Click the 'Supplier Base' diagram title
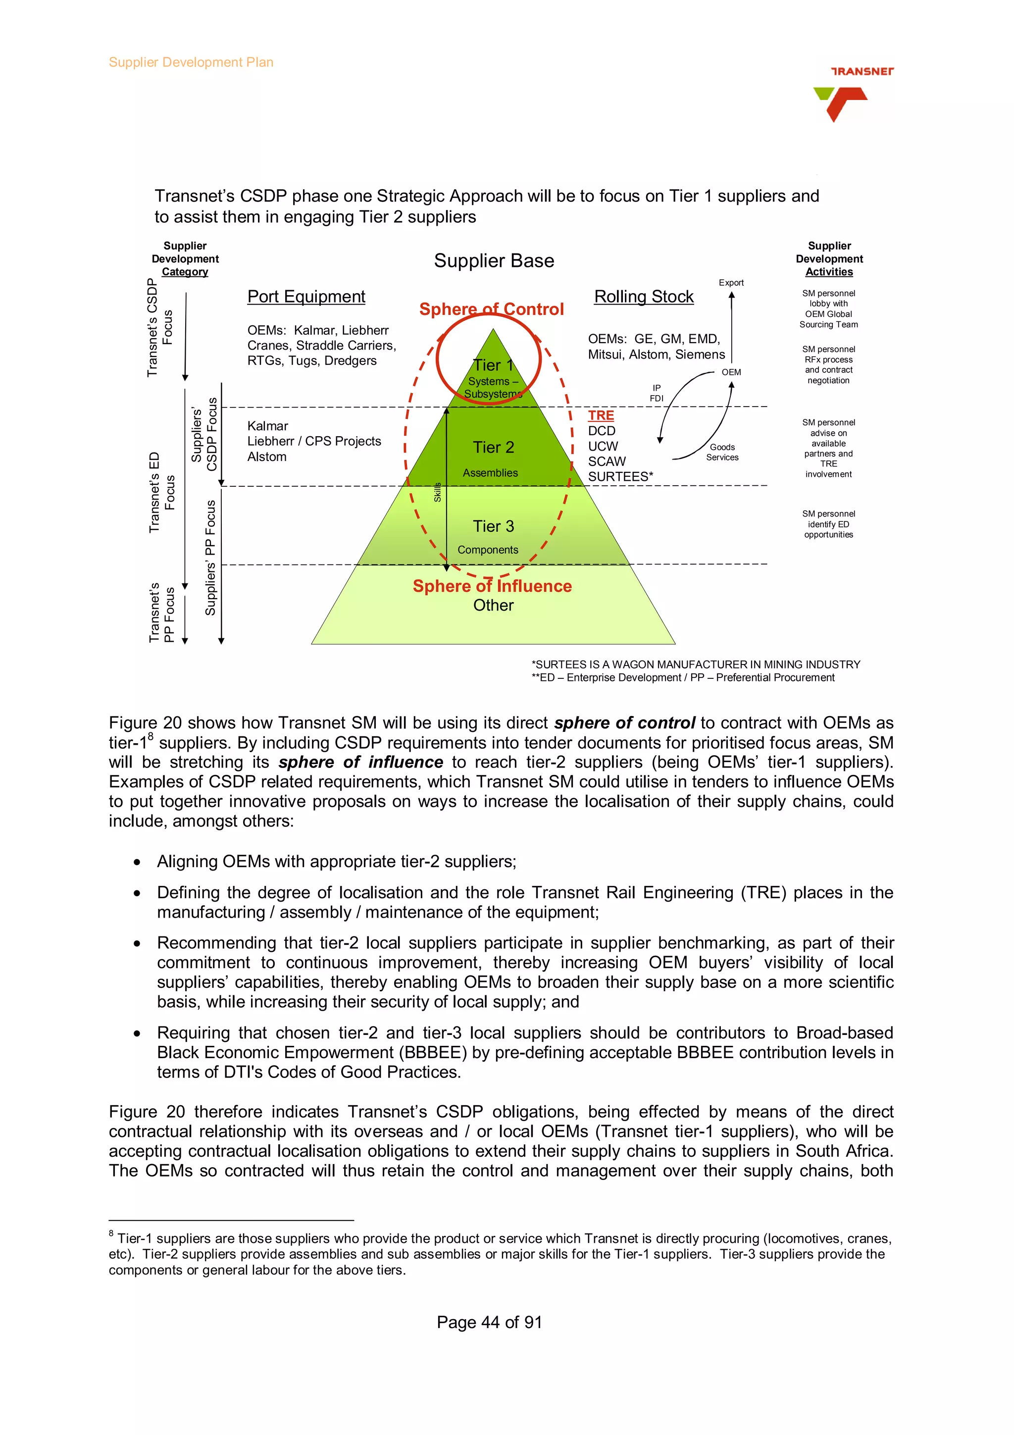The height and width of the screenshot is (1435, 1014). click(x=494, y=260)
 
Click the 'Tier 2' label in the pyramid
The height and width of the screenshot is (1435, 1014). click(x=493, y=448)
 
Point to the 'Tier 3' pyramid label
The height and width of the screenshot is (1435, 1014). click(x=493, y=526)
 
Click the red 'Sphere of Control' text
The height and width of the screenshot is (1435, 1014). click(x=491, y=309)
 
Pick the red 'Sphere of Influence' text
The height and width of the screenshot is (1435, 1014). click(x=492, y=586)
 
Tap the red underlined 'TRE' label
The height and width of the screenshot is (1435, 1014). click(x=601, y=415)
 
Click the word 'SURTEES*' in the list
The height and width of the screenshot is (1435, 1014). click(x=620, y=477)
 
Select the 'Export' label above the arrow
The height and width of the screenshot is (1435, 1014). click(x=731, y=283)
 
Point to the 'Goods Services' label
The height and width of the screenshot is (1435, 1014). click(x=722, y=452)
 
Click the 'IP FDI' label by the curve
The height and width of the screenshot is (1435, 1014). click(x=656, y=393)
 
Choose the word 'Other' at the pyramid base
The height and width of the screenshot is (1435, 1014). click(x=493, y=605)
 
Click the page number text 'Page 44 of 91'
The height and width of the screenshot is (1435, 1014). click(x=489, y=1322)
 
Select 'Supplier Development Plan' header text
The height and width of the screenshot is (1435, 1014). click(x=191, y=62)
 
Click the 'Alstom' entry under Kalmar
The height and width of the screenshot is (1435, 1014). click(x=267, y=457)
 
